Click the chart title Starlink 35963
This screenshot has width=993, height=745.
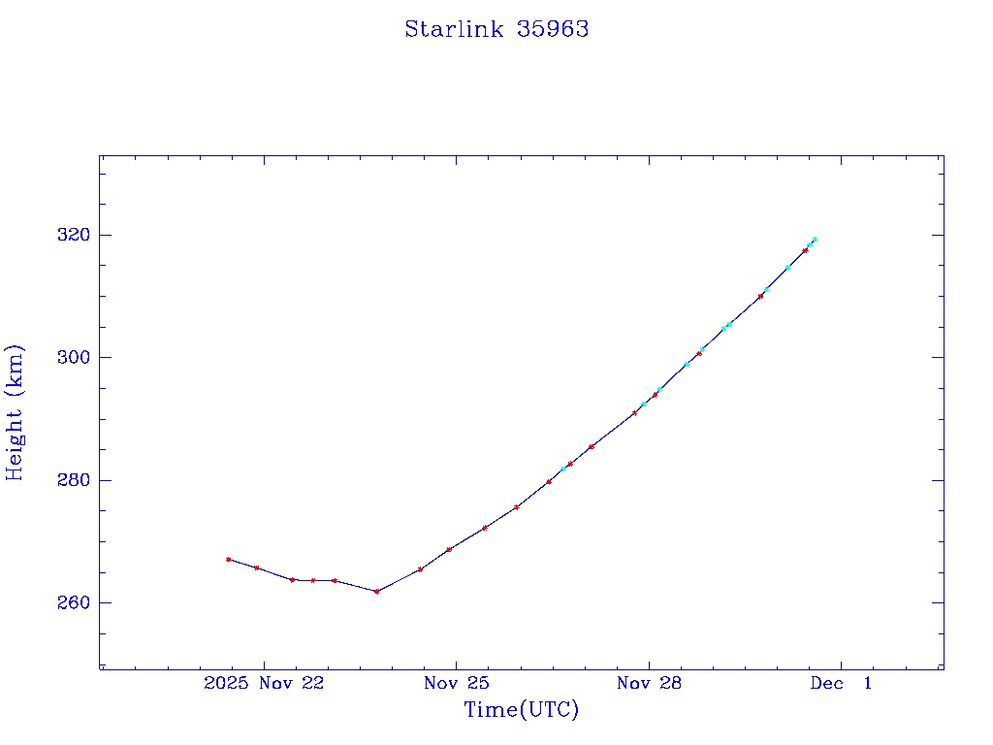(x=496, y=29)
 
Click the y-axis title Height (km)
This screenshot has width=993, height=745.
(x=15, y=412)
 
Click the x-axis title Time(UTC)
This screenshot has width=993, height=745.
(x=521, y=710)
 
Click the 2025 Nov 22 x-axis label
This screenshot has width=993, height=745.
(x=264, y=683)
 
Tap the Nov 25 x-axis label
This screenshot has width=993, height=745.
(x=456, y=683)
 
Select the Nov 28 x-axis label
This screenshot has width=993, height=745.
(x=649, y=683)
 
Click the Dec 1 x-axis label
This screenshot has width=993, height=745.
(x=841, y=683)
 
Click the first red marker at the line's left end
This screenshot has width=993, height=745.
(x=228, y=559)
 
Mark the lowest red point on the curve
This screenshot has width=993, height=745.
(x=376, y=591)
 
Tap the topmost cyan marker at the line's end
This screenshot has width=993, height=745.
(x=815, y=239)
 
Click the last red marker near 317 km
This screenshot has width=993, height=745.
(x=805, y=250)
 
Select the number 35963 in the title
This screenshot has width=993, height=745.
(x=553, y=29)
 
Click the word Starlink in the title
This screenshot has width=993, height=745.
(x=454, y=29)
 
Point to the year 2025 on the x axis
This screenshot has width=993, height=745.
(x=227, y=683)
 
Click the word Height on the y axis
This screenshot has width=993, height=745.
(x=15, y=441)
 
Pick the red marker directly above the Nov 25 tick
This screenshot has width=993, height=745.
(x=449, y=550)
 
